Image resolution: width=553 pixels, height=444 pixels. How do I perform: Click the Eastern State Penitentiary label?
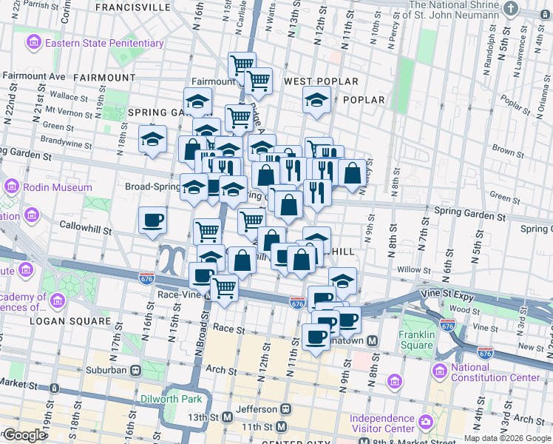coord(104,43)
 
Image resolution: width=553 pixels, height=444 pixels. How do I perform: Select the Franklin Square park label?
coord(416,339)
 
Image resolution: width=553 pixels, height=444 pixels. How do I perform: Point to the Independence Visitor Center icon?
coord(426,423)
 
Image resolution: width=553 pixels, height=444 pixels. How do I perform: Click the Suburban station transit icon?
coord(135,370)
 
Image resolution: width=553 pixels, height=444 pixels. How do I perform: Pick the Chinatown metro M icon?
coord(373,340)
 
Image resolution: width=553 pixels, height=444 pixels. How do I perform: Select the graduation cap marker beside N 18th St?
coord(152,138)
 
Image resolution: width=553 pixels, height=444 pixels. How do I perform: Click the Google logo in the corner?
coord(24,435)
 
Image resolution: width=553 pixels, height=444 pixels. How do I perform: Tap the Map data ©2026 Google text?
coord(507,438)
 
